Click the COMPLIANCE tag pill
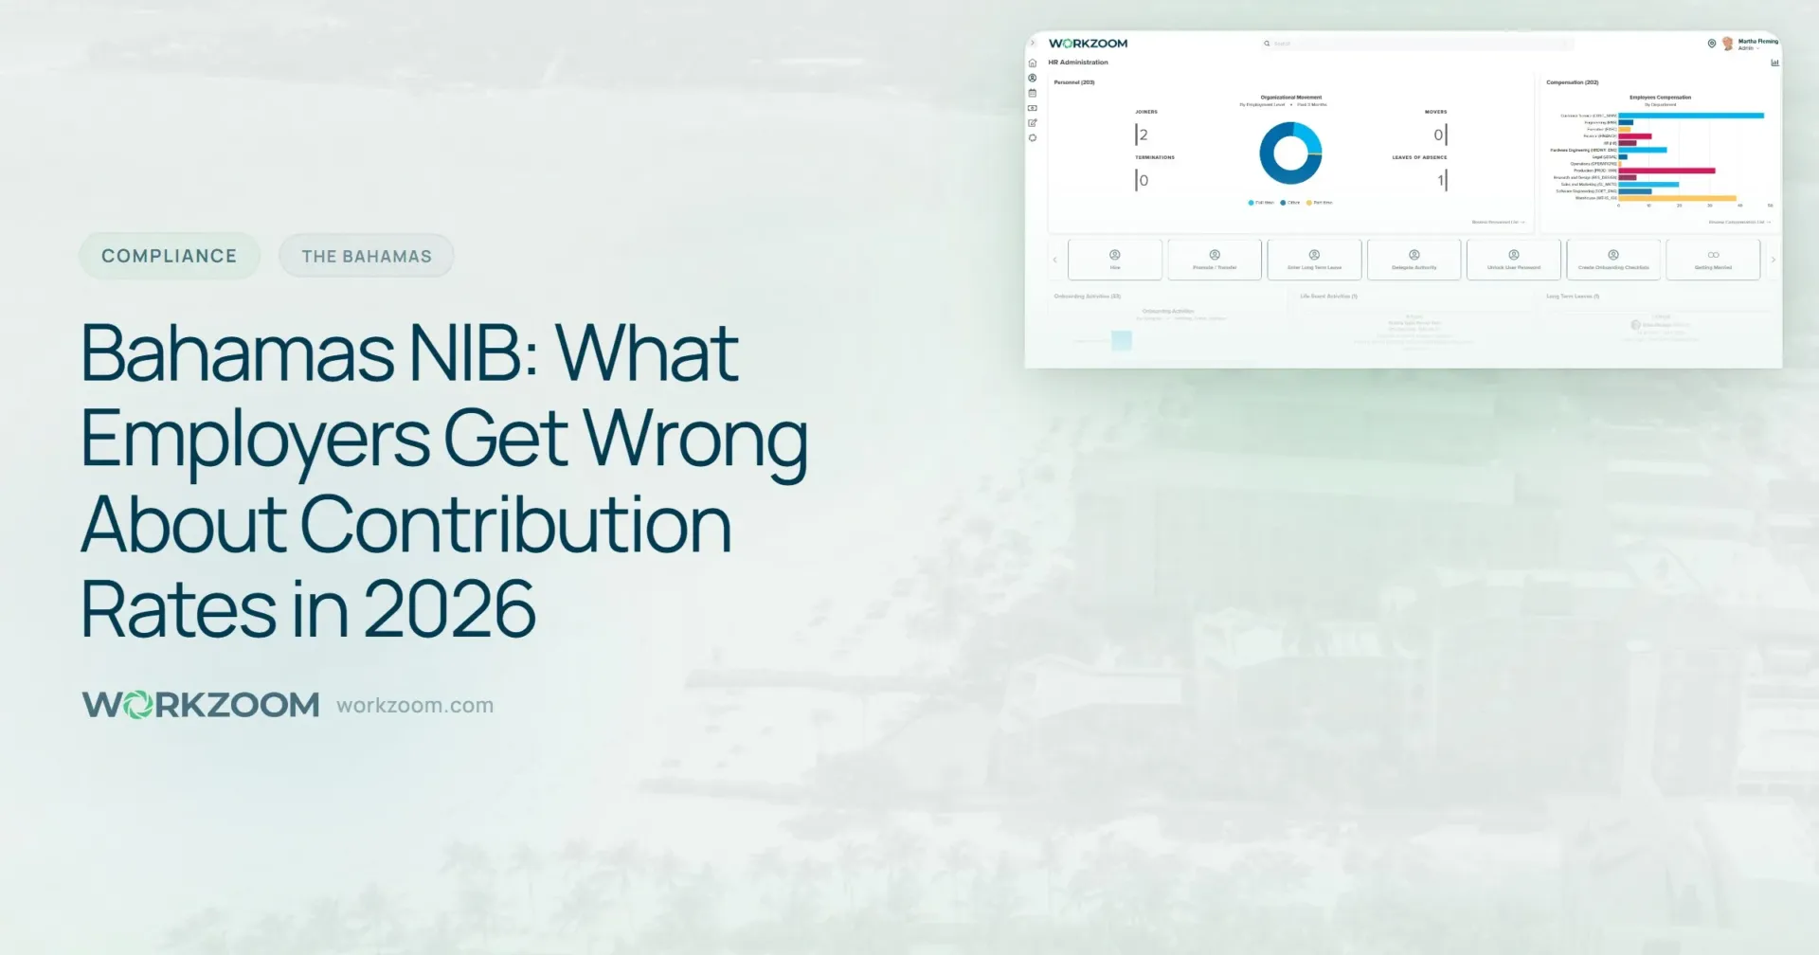coord(169,256)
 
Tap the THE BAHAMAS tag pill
coord(366,256)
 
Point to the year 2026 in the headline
coord(449,609)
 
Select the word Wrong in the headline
coord(694,439)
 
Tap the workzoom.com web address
coord(415,706)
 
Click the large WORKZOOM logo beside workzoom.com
coord(201,705)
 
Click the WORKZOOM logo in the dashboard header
coord(1088,44)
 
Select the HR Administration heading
coord(1078,63)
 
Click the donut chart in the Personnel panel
coord(1290,153)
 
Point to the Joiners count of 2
coord(1143,135)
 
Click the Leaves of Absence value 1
coord(1440,180)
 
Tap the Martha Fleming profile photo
coord(1727,44)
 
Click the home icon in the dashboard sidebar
coord(1033,63)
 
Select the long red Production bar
coord(1666,171)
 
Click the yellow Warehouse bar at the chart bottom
coord(1677,198)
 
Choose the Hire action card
coord(1115,259)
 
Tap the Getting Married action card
coord(1713,259)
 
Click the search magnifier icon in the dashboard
coord(1267,44)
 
